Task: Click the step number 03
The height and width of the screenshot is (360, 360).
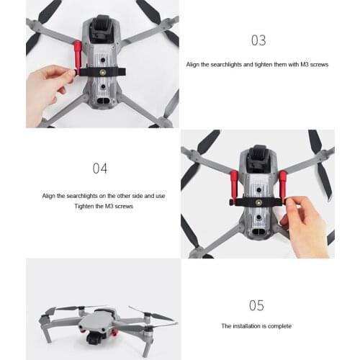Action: (258, 40)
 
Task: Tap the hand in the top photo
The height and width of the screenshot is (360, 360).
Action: (47, 83)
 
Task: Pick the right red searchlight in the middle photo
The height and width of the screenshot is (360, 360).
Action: (282, 186)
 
